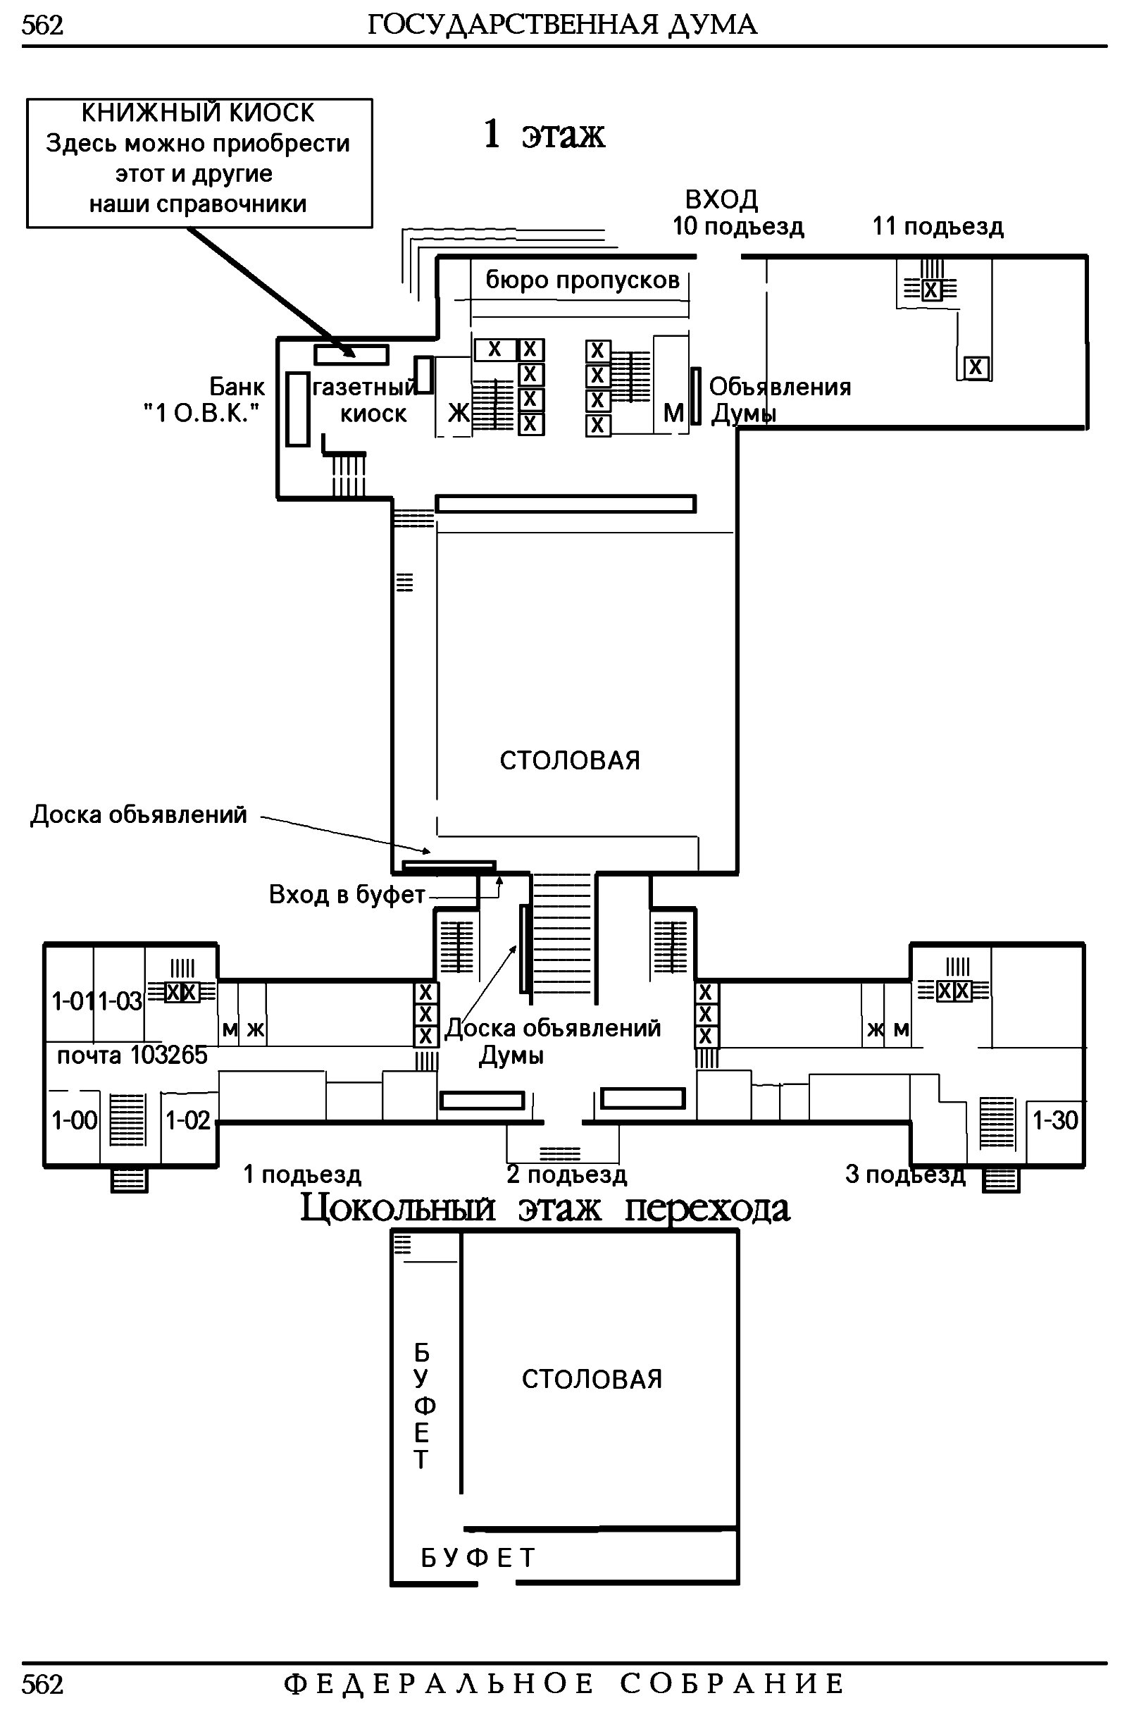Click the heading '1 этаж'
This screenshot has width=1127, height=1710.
pos(544,134)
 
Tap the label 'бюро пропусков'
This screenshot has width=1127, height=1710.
pos(583,280)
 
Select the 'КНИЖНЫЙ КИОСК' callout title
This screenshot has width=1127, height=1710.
pos(198,113)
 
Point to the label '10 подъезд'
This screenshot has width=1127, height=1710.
pos(737,226)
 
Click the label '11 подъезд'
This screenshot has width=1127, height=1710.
pos(938,226)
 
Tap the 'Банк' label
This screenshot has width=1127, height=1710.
pos(237,387)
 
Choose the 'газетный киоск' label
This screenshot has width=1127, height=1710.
pos(365,400)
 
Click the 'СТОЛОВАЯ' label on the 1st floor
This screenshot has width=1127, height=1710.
pos(569,760)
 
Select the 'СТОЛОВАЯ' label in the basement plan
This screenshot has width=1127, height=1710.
pos(592,1380)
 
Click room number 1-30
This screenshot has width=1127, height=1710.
pos(1055,1120)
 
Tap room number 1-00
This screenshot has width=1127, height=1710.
pos(74,1120)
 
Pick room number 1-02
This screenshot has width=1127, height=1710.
pos(187,1120)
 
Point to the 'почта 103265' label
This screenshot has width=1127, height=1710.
pos(132,1055)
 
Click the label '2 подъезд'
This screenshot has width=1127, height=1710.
pos(566,1175)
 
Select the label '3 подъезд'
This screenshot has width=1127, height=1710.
pos(905,1175)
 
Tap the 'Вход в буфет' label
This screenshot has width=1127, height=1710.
pos(347,894)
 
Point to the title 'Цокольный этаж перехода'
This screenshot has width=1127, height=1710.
pos(544,1209)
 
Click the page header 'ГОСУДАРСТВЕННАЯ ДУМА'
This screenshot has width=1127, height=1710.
pos(562,25)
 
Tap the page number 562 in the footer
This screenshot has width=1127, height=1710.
pos(42,1684)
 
